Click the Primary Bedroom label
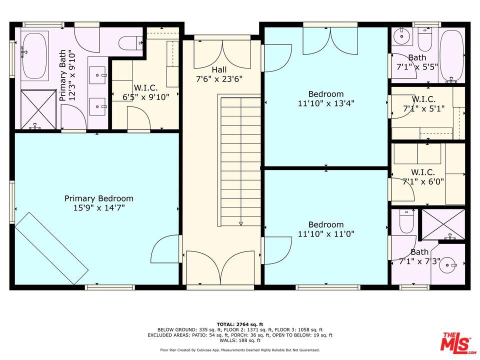pos(99,198)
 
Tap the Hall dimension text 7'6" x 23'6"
pos(219,79)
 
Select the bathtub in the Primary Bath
pos(35,55)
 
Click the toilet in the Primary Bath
pos(130,43)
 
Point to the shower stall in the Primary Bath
pos(38,109)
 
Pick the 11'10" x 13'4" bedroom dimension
pos(326,103)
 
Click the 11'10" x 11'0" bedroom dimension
pos(326,234)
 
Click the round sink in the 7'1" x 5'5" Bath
pos(401,36)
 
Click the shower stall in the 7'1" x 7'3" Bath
pos(443,224)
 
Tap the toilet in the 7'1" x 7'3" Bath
pos(406,221)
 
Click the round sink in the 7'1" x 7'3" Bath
pos(447,264)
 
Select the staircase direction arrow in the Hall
pos(240,223)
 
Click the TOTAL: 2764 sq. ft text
pos(240,324)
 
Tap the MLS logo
pos(457,342)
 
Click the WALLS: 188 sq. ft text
pos(240,340)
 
